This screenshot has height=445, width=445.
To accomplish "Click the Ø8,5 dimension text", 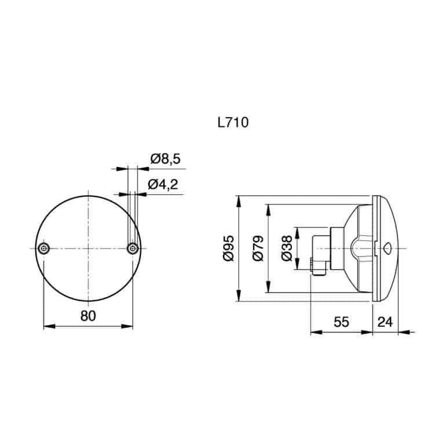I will click(x=165, y=159).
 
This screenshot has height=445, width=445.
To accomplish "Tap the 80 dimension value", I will click(x=87, y=316).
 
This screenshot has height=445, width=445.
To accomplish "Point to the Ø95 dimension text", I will click(x=228, y=248).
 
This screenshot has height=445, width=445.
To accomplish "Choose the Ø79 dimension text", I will click(x=258, y=248).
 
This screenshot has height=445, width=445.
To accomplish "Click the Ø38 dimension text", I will click(x=286, y=248).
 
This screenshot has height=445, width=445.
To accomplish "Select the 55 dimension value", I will click(x=341, y=322).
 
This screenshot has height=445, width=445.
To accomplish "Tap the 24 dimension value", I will click(x=385, y=322).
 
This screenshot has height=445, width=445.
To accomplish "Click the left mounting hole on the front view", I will click(x=44, y=248).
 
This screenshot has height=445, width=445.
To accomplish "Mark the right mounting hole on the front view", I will click(x=133, y=248).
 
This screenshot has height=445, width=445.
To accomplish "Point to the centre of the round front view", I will click(x=88, y=248).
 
